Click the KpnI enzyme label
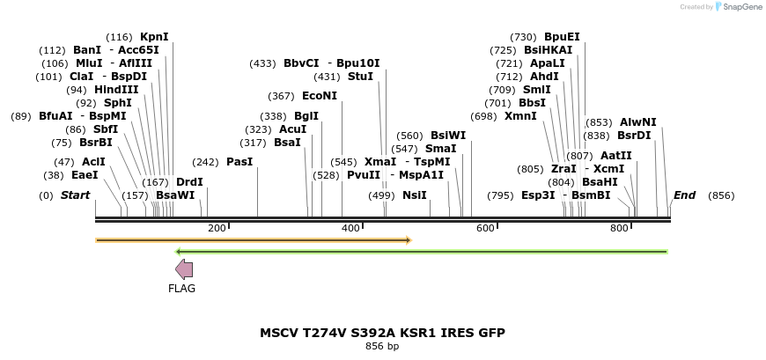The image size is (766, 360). (154, 37)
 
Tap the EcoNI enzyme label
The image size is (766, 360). (320, 96)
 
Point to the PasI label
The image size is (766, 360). (239, 162)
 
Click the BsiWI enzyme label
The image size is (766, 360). (448, 136)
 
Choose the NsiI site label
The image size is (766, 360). (414, 195)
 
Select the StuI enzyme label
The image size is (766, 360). (360, 77)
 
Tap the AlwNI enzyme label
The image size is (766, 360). (637, 122)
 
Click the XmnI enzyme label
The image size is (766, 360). (520, 116)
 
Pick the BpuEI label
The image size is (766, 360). (562, 37)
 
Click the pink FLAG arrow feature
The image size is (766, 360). (184, 269)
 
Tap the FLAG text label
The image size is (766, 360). (182, 289)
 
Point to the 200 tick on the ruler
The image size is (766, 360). (217, 229)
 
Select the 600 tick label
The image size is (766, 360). (485, 229)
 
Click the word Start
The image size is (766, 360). (75, 195)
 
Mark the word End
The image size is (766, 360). (684, 195)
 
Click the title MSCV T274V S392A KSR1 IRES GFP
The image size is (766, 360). (382, 333)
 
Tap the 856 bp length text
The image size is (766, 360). (382, 347)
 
